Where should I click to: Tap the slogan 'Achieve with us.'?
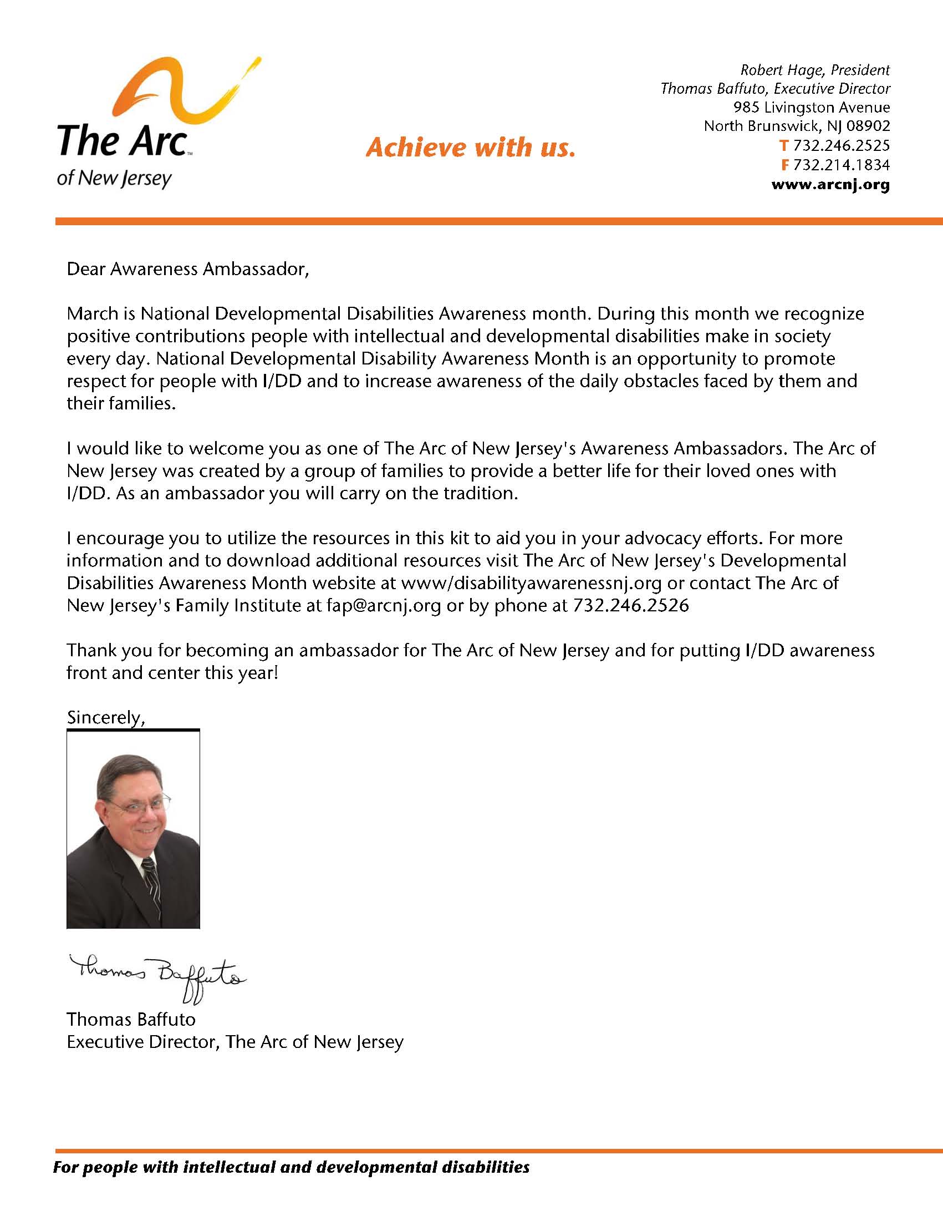pos(470,148)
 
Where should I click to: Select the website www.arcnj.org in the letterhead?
pos(830,185)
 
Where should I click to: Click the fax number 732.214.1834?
pos(842,165)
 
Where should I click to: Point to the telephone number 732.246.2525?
pos(842,145)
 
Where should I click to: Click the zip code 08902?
pos(868,126)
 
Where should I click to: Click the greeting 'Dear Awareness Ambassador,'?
pos(188,269)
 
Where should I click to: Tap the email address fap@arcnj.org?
pos(384,605)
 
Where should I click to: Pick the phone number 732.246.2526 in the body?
pos(631,605)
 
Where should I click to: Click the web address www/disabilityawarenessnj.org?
pos(531,582)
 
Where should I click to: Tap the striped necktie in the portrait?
pos(151,883)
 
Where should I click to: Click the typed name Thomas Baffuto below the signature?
pos(131,1020)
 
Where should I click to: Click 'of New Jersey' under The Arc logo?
pos(115,178)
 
